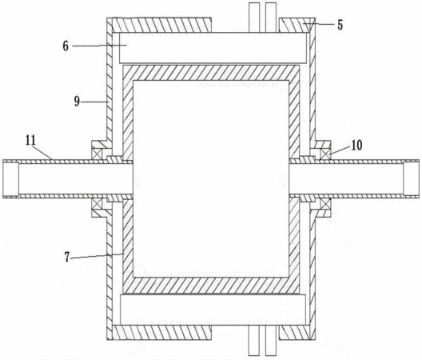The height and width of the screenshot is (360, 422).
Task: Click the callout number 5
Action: pyautogui.click(x=340, y=25)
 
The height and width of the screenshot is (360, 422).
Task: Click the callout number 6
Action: pyautogui.click(x=66, y=46)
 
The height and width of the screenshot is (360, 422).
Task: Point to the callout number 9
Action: pyautogui.click(x=77, y=102)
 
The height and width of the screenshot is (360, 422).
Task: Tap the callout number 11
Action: pyautogui.click(x=30, y=140)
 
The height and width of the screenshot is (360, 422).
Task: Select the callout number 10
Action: pyautogui.click(x=356, y=146)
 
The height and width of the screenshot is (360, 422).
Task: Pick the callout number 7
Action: pyautogui.click(x=67, y=257)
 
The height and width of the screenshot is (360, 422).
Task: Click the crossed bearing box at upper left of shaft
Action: pyautogui.click(x=97, y=154)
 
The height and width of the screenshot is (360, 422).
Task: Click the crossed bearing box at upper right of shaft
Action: pyautogui.click(x=325, y=154)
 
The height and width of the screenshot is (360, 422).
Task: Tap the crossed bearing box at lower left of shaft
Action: pyautogui.click(x=97, y=203)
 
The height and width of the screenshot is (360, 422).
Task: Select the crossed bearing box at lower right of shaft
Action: pyautogui.click(x=325, y=204)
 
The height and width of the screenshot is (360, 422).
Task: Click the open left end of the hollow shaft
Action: pyautogui.click(x=10, y=179)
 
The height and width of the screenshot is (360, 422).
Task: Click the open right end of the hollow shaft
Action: pyautogui.click(x=412, y=179)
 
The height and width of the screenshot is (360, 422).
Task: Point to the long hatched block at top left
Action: pyautogui.click(x=161, y=25)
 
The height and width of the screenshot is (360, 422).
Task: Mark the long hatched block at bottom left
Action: pyautogui.click(x=161, y=332)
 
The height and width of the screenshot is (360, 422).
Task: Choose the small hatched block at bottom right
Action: pyautogui.click(x=294, y=332)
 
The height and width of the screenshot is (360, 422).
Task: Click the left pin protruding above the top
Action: pyautogui.click(x=254, y=18)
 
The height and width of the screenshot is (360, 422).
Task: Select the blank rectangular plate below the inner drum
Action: pyautogui.click(x=213, y=310)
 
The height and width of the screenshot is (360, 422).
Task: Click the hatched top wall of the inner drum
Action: pyautogui.click(x=211, y=73)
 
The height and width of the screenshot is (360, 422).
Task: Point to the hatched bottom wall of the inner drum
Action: pyautogui.click(x=211, y=286)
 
